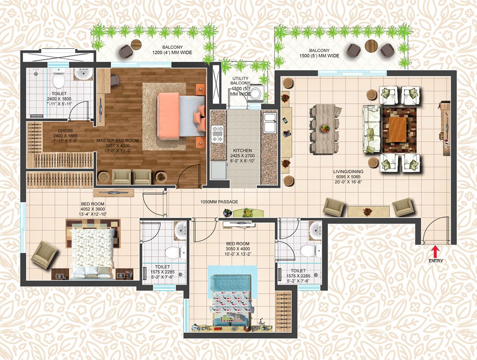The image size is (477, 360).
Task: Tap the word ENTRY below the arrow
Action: pos(435,261)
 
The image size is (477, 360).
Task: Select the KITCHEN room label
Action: pos(242,151)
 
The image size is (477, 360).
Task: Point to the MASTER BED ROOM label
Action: pos(117,141)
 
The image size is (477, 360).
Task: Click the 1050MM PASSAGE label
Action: pos(219,202)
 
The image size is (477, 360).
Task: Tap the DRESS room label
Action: pos(65,131)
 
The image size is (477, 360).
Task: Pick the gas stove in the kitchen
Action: pos(217,134)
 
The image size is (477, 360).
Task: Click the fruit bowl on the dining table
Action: pos(325,129)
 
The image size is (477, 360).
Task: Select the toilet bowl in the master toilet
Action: pos(59,79)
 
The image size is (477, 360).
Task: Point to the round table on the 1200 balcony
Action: pos(136,45)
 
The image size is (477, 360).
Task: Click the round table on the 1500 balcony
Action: pos(371,46)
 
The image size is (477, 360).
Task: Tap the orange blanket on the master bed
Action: pos(168,115)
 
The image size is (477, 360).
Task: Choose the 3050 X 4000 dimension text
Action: pos(238,249)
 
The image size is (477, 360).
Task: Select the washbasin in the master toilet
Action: pos(82,74)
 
